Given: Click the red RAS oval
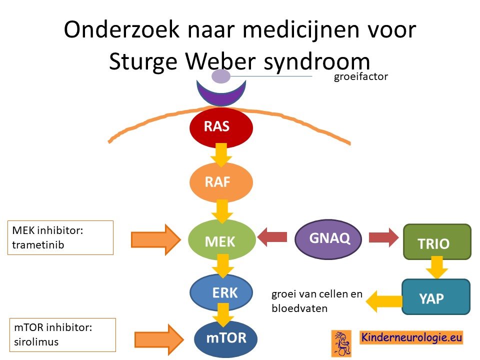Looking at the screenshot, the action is (x=221, y=126).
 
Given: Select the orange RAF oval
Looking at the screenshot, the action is (x=221, y=182).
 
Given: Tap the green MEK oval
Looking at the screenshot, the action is (x=221, y=240).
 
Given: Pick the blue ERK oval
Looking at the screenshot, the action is (x=221, y=292).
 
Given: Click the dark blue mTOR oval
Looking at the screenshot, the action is (x=225, y=338).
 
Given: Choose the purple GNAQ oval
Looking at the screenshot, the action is (x=328, y=239).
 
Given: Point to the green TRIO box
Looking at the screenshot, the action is (x=437, y=242).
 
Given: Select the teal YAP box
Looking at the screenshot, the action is (x=436, y=296).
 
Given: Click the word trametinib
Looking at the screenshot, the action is (x=38, y=245).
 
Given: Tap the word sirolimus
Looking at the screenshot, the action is (x=36, y=342).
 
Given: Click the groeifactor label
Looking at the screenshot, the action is (x=361, y=76).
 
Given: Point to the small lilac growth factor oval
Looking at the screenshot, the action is (x=220, y=76).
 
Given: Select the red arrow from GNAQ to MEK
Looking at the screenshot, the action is (x=272, y=237).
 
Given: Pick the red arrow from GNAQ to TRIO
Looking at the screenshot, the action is (x=384, y=237).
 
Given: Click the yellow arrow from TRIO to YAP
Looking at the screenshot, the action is (x=437, y=267).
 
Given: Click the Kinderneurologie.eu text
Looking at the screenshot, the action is (x=411, y=337).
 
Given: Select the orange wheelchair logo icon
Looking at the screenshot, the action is (x=341, y=343).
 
